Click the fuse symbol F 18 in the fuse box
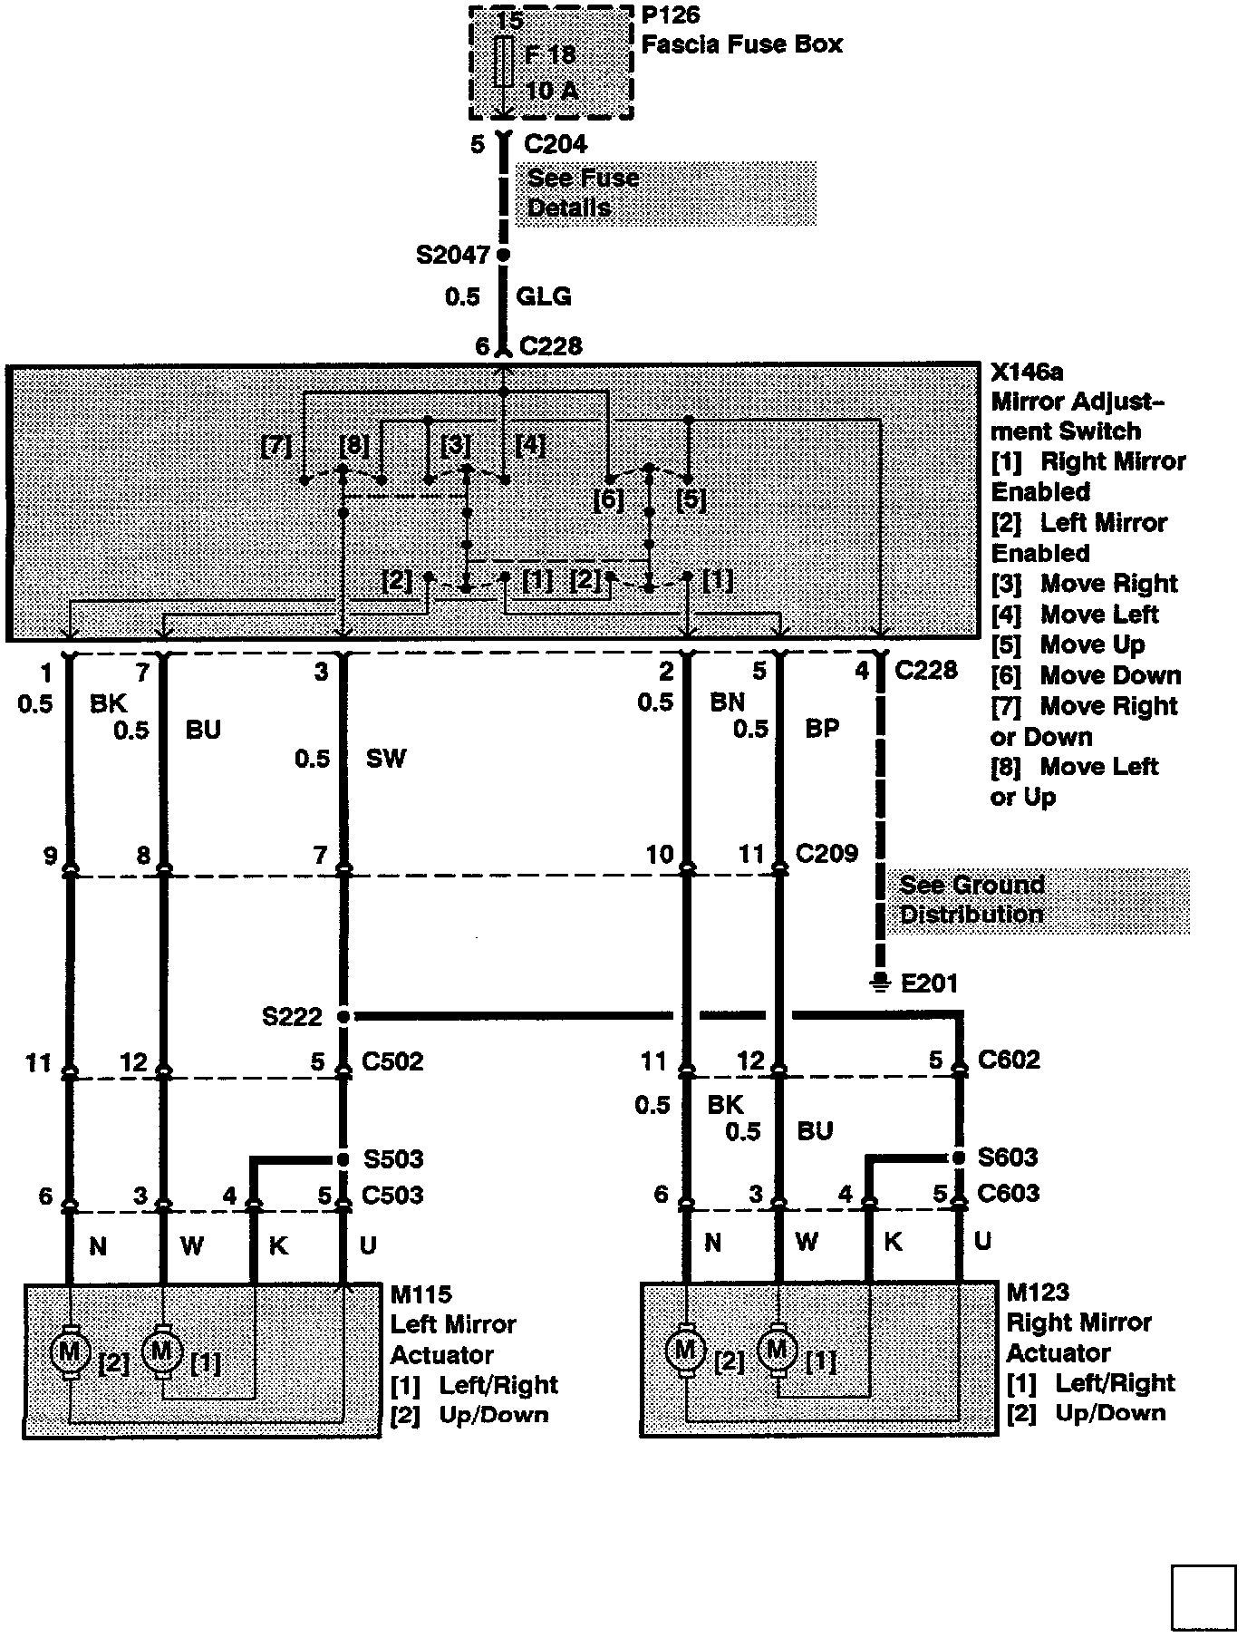tap(504, 62)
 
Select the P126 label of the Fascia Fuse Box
tap(670, 15)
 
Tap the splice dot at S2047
tap(504, 255)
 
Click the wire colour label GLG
tap(543, 296)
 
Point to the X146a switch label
tap(1027, 373)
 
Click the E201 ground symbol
tap(878, 982)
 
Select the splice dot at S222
tap(343, 1017)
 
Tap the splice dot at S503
tap(343, 1159)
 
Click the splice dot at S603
tap(959, 1158)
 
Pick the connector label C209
tap(826, 853)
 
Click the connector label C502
tap(392, 1061)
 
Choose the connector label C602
tap(1009, 1060)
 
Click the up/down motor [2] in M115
tap(69, 1353)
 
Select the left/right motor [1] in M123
tap(777, 1351)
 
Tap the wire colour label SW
tap(386, 758)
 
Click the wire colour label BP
tap(822, 728)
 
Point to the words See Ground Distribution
tap(971, 899)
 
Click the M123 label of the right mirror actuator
tap(1038, 1292)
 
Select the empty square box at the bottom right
tap(1203, 1596)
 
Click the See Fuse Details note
tap(583, 192)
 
